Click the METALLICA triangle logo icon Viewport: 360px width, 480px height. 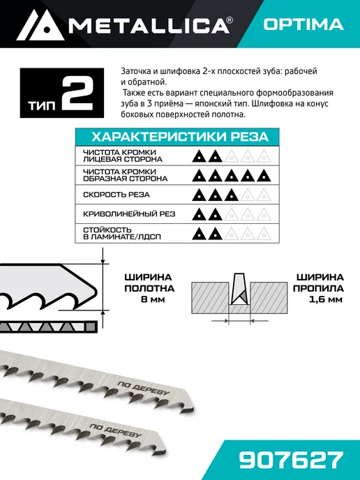pos(40,25)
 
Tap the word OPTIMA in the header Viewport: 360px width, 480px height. pos(303,24)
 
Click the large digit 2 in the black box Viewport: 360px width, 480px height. pos(77,93)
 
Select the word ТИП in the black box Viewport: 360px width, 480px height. pos(43,105)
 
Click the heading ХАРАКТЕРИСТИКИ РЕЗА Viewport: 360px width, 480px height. pos(180,137)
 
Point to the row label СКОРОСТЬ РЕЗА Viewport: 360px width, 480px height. pos(117,195)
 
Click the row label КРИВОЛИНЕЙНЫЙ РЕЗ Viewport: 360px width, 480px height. pos(129,214)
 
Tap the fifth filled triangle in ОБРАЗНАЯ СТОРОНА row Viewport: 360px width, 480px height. pos(264,176)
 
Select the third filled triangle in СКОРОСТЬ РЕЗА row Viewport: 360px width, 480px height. pos(231,195)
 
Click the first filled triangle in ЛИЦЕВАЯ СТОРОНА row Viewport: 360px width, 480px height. pos(199,156)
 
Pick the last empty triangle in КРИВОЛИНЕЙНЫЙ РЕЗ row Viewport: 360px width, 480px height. pos(264,214)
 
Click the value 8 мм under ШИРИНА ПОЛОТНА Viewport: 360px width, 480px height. pos(153,299)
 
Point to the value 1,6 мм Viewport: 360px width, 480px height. pos(325,299)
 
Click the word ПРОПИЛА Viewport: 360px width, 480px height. pos(318,288)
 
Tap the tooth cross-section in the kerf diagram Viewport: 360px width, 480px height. pos(239,289)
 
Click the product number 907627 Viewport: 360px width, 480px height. pos(290,460)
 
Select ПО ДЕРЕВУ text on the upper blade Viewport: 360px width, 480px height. pos(143,388)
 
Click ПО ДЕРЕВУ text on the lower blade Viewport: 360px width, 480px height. pos(116,430)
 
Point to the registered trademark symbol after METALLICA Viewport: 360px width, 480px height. pos(230,20)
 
